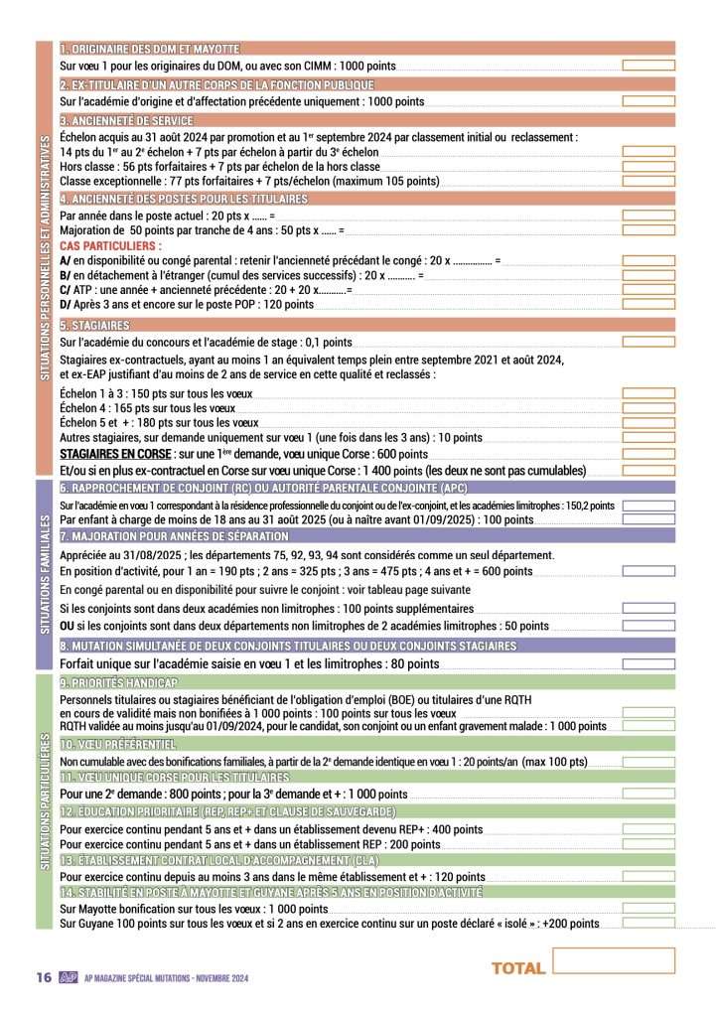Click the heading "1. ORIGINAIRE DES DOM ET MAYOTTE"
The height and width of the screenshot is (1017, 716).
click(150, 48)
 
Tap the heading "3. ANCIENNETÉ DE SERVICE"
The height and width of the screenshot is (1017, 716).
click(126, 120)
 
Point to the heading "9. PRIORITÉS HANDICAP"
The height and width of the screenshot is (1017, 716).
click(119, 683)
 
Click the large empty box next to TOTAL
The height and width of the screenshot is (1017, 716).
click(613, 960)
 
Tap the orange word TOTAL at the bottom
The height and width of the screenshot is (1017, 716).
click(518, 968)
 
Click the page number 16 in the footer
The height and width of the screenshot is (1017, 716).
click(43, 977)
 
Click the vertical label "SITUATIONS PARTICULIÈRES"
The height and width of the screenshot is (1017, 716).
click(43, 802)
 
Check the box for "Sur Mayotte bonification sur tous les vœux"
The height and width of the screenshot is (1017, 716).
click(647, 908)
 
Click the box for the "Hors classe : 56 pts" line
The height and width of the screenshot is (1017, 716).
click(647, 166)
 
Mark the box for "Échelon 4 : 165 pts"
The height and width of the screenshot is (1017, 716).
click(647, 407)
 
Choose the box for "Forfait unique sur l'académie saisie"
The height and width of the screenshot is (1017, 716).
click(647, 663)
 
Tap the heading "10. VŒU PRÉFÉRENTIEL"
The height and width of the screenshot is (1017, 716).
click(118, 744)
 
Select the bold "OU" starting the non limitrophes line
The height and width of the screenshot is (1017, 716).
click(68, 627)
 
